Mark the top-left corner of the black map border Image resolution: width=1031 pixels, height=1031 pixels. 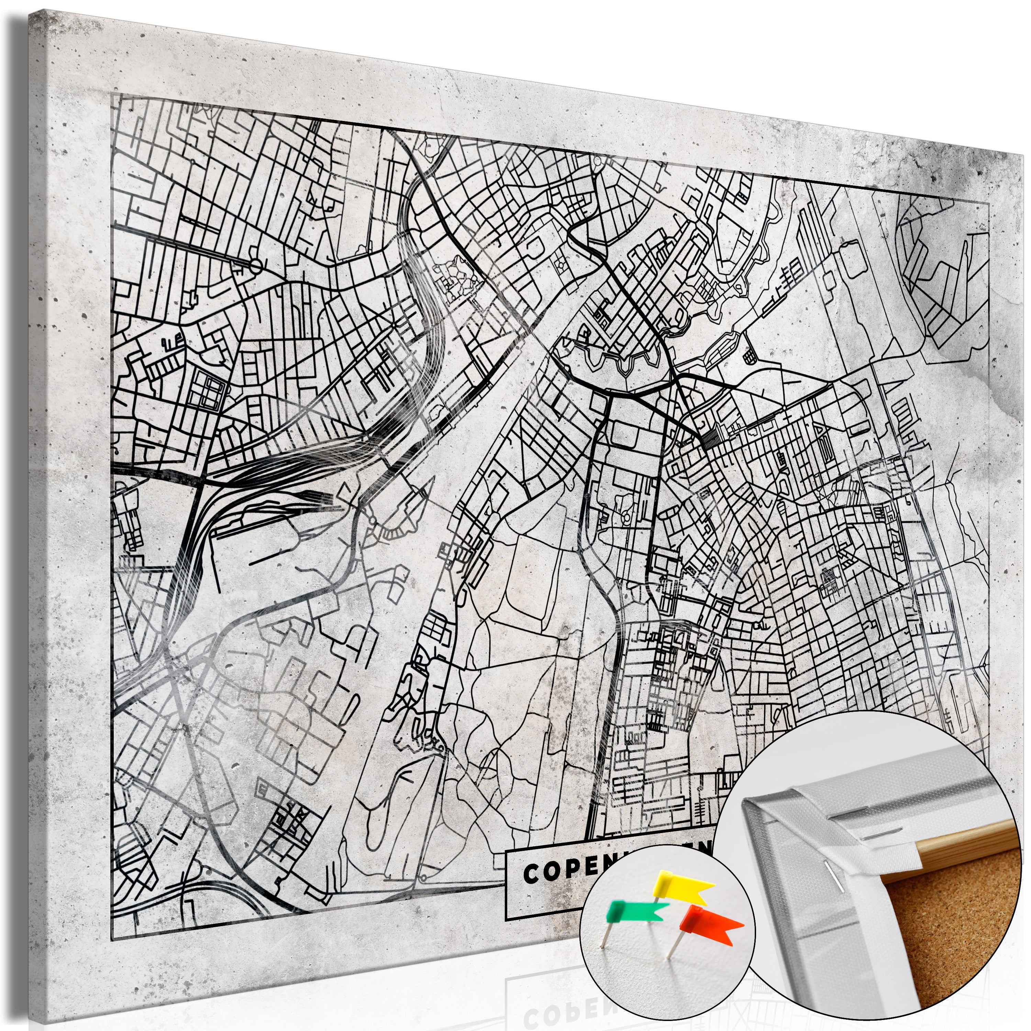pyautogui.click(x=112, y=93)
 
